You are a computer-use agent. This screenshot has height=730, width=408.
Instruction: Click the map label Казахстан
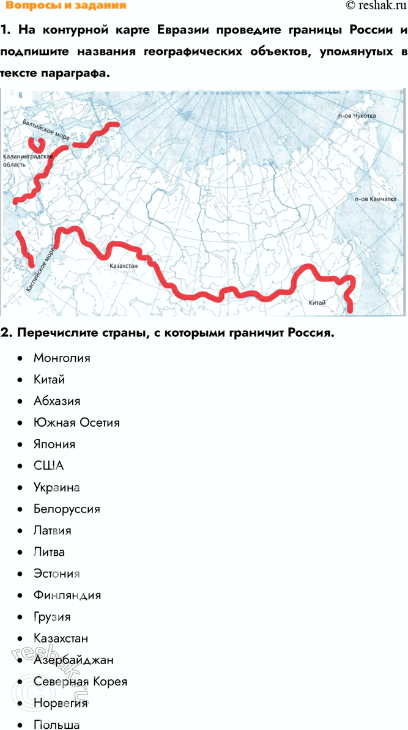124,267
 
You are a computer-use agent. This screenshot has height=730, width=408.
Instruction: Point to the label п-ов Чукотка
355,116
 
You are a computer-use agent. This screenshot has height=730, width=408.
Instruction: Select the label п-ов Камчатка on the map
375,199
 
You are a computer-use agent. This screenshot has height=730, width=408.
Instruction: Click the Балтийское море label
45,129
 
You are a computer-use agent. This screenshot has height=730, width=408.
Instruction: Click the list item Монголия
62,358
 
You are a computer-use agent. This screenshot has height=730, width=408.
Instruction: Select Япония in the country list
54,444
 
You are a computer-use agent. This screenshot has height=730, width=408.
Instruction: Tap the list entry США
49,466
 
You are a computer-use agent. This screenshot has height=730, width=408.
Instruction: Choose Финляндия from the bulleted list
67,595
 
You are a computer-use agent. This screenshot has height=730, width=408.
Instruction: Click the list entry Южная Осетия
76,422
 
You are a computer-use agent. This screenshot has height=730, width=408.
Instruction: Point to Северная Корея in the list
80,681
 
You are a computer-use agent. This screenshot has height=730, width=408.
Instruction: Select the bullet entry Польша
57,724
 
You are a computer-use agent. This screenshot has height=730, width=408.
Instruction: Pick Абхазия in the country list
57,401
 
